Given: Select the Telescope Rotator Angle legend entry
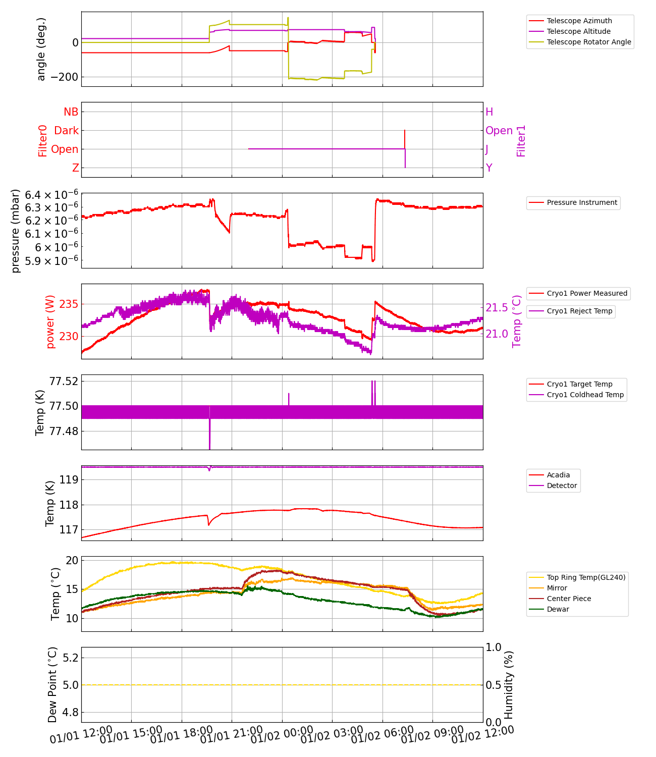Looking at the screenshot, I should pos(588,42).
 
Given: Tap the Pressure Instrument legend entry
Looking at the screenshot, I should pos(582,202).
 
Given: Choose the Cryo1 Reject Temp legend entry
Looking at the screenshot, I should pos(579,311).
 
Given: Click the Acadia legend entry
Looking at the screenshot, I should pos(558,475).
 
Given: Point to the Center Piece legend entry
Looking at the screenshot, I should pos(569,599).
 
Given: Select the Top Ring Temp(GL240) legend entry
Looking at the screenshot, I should pos(586,577).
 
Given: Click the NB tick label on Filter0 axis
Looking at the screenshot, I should pos(71,112).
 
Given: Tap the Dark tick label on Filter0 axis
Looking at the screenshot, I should pos(67,131).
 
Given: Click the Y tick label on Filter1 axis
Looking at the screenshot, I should pos(489,168).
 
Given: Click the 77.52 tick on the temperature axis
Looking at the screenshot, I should pos(64,381).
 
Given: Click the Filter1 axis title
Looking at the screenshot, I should pos(521,141).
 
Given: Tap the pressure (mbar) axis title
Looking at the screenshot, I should pos(16,231).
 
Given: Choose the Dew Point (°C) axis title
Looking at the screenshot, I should pos(53,685).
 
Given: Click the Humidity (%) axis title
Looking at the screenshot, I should pos(509,685).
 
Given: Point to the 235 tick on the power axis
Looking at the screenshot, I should pos(69,304).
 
